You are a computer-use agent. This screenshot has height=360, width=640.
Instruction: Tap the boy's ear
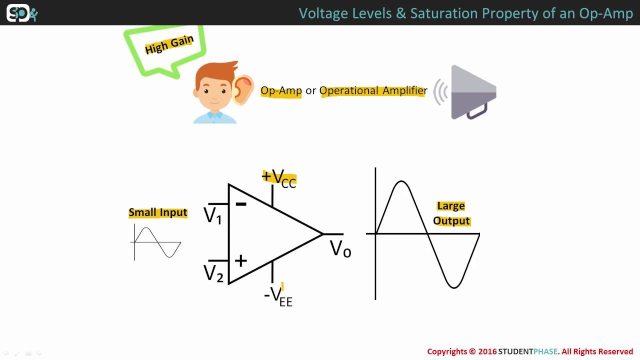tap(243, 89)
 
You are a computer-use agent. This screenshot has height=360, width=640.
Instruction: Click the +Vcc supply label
tap(279, 178)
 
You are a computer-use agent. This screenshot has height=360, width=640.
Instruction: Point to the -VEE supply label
tap(278, 296)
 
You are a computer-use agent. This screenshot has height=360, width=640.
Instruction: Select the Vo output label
tap(340, 249)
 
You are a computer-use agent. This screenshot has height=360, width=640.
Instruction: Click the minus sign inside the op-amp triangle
tap(241, 204)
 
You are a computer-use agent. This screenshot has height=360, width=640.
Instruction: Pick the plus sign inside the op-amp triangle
tap(240, 260)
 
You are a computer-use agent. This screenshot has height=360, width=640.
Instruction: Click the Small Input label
tap(158, 212)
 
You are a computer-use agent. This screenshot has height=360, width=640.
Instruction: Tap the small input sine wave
tap(157, 242)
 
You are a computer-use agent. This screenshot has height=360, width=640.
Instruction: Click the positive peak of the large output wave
tap(401, 181)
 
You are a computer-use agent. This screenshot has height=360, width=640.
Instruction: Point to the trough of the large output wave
tap(454, 287)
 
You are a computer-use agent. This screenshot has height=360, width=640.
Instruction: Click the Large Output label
tap(451, 213)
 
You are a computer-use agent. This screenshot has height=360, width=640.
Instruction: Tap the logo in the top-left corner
tap(21, 13)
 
